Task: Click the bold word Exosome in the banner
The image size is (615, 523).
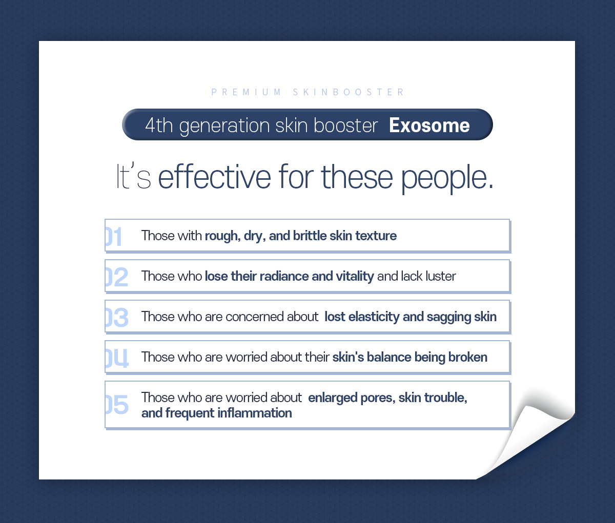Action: pyautogui.click(x=429, y=125)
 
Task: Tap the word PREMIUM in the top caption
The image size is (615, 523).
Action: pyautogui.click(x=246, y=92)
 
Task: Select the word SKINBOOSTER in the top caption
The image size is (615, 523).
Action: pyautogui.click(x=348, y=92)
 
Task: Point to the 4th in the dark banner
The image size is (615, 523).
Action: pyautogui.click(x=159, y=125)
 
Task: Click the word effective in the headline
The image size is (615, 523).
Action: pyautogui.click(x=214, y=177)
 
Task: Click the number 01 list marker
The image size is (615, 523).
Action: pyautogui.click(x=113, y=236)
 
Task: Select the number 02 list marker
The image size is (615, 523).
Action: pyautogui.click(x=117, y=277)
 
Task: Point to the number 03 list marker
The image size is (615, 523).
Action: pyautogui.click(x=117, y=317)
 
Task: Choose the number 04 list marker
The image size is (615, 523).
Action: pyautogui.click(x=117, y=358)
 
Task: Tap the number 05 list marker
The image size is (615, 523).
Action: pyautogui.click(x=117, y=404)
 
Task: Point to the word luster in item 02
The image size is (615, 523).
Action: pyautogui.click(x=440, y=276)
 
